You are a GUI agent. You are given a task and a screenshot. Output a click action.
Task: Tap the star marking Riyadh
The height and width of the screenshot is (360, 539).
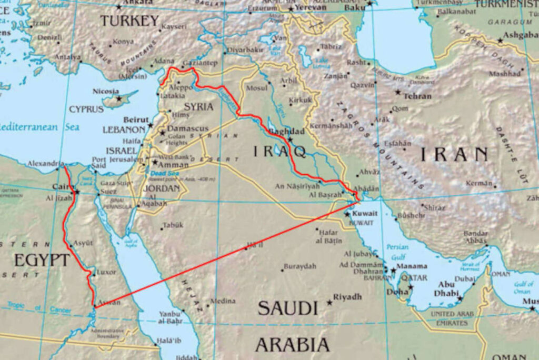[x=330, y=303]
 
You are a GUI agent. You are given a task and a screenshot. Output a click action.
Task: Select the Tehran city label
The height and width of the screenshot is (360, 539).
[x=417, y=96]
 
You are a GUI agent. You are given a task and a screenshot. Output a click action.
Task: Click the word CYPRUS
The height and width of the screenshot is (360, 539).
[x=86, y=109]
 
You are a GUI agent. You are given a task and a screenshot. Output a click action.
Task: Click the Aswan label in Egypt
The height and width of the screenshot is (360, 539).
[x=110, y=302]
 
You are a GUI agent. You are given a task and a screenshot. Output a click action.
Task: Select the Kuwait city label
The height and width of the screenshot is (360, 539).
[x=365, y=213]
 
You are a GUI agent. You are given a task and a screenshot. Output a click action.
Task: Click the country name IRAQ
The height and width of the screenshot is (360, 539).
[x=279, y=152]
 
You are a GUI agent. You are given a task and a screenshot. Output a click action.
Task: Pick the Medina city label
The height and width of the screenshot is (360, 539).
[x=223, y=302]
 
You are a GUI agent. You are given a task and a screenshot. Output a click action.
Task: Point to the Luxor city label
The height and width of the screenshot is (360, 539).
[x=106, y=273]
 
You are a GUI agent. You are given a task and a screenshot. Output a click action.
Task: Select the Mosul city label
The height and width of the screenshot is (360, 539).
[x=257, y=88]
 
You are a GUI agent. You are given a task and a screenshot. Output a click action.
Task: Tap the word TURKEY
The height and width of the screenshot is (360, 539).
[x=129, y=21]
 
